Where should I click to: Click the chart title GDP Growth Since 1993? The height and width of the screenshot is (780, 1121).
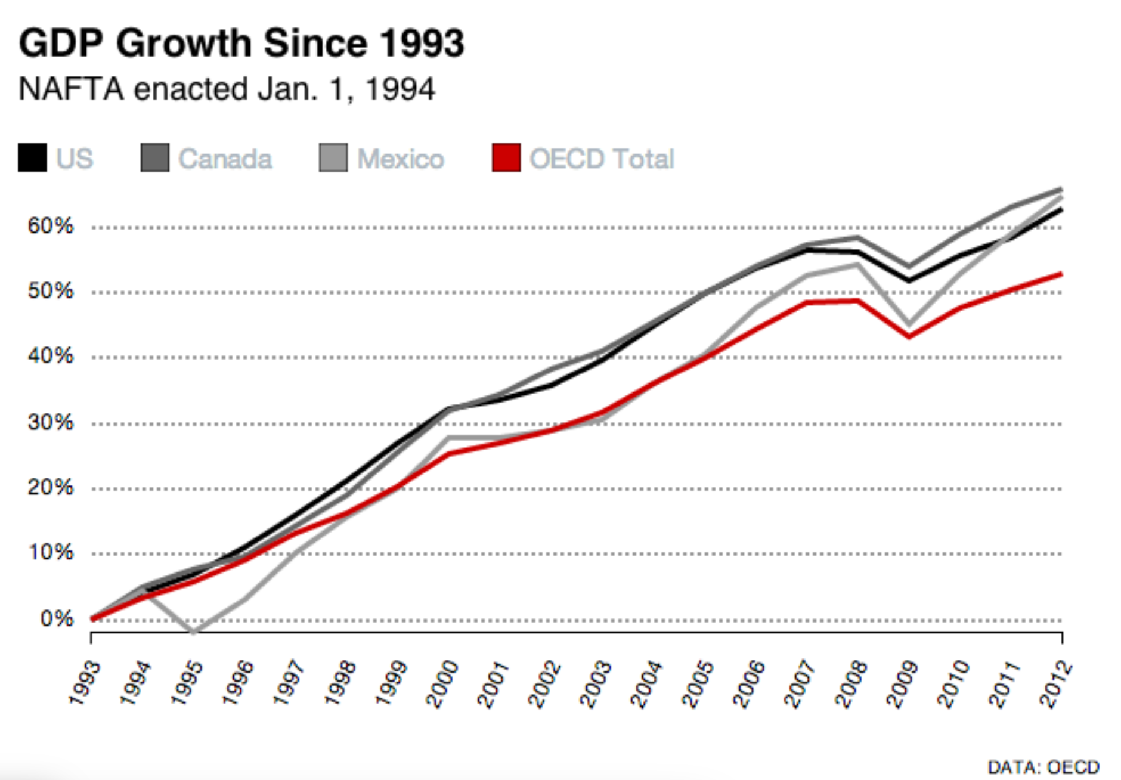[x=241, y=44]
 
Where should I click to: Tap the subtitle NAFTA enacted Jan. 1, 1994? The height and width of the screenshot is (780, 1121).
[x=227, y=89]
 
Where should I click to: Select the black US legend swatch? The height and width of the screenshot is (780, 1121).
[x=32, y=158]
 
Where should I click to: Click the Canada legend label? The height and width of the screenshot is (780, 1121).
[x=225, y=159]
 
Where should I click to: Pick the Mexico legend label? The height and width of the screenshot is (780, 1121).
[x=400, y=159]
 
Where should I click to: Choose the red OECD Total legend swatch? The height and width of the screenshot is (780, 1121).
[x=506, y=158]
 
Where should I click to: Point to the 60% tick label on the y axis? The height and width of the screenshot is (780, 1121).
[x=50, y=226]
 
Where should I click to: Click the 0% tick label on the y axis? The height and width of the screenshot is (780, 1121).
[x=57, y=619]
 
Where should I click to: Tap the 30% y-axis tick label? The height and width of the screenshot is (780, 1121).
[x=50, y=423]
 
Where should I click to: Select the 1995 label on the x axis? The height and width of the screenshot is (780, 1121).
[x=187, y=683]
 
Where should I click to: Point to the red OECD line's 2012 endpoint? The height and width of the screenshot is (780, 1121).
[x=1061, y=274]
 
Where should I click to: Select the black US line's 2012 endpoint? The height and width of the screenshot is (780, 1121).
[x=1061, y=210]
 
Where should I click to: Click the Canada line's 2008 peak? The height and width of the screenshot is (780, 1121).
[x=857, y=237]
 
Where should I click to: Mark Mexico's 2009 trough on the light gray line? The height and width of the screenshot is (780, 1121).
[x=909, y=325]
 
